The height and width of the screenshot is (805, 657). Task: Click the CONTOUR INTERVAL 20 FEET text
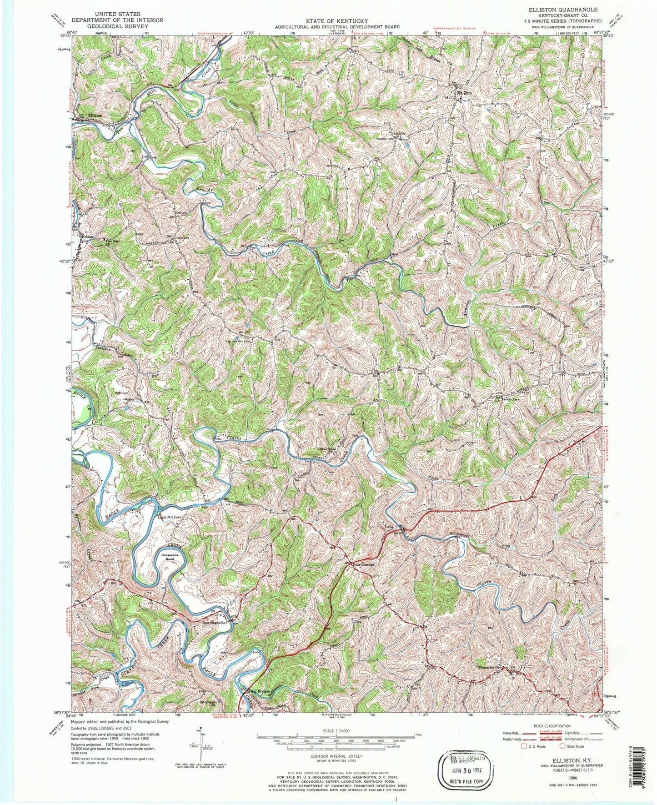pyautogui.click(x=336, y=753)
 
